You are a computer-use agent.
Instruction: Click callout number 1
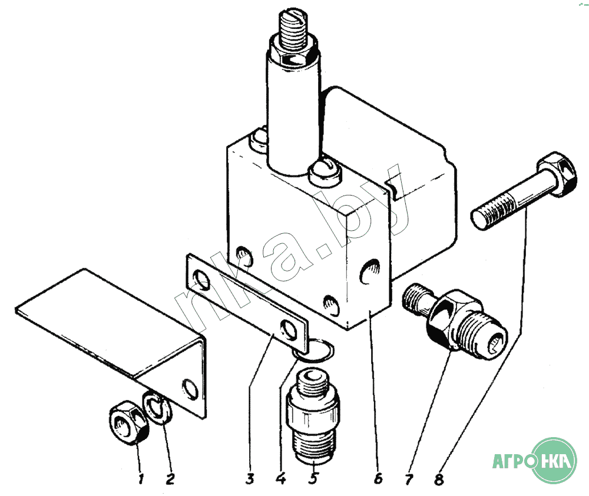click(141, 479)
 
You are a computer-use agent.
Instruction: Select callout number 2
click(170, 479)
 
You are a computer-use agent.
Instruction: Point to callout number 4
click(280, 479)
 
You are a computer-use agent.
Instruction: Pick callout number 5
click(314, 478)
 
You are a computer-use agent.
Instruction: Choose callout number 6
click(378, 478)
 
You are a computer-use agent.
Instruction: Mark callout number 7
click(409, 479)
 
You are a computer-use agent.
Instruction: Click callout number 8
click(439, 479)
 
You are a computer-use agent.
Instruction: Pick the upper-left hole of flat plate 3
click(201, 280)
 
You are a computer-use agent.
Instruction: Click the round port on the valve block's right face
click(370, 272)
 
